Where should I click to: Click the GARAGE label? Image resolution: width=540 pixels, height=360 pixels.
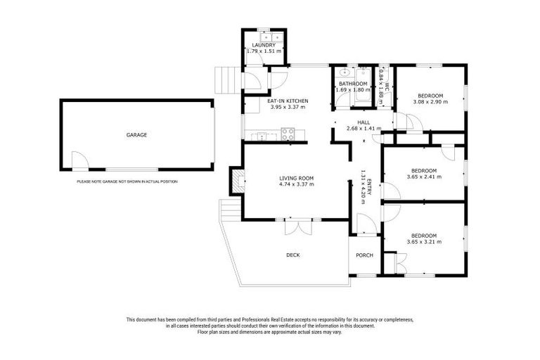coord(136,134)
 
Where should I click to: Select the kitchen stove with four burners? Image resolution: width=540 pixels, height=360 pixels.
coord(288,133)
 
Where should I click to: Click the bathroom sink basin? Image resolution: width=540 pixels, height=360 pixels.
coord(345,73)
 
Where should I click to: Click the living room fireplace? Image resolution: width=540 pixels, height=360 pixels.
coord(238,182)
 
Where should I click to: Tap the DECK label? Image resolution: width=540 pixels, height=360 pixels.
coord(293,255)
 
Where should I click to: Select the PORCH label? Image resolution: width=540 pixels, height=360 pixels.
coord(364,255)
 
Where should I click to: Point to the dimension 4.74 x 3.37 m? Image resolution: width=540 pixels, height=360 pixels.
coord(296,185)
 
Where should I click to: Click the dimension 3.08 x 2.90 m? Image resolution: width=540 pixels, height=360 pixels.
coord(430,102)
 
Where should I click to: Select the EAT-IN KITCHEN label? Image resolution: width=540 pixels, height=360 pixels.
coord(287,101)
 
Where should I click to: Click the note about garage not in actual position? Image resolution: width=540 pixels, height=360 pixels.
coord(127,181)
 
